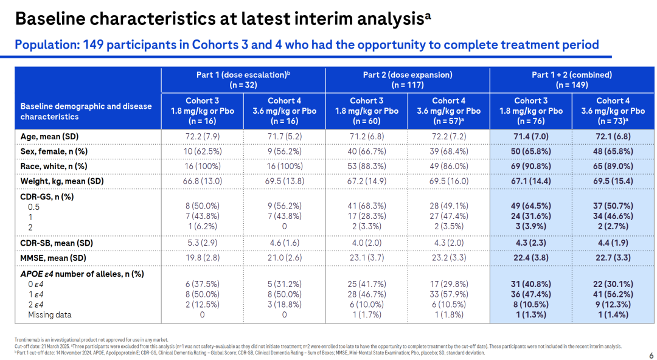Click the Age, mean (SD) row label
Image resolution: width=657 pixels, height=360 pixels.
pyautogui.click(x=50, y=136)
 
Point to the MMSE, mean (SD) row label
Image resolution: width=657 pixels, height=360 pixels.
pyautogui.click(x=54, y=258)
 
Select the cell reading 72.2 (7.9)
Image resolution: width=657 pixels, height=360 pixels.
pyautogui.click(x=202, y=136)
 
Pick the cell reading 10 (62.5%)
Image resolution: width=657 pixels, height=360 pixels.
pyautogui.click(x=202, y=151)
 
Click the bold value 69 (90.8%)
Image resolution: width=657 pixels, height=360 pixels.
pyautogui.click(x=530, y=166)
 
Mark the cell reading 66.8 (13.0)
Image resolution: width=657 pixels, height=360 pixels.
pyautogui.click(x=202, y=181)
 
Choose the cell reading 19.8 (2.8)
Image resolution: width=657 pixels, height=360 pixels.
pyautogui.click(x=202, y=258)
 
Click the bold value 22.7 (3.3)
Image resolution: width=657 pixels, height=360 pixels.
pyautogui.click(x=613, y=258)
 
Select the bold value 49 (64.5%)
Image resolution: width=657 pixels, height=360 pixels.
pyautogui.click(x=530, y=206)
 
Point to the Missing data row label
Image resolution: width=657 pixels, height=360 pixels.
pyautogui.click(x=49, y=315)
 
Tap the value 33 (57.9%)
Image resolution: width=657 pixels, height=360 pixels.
pyautogui.click(x=448, y=294)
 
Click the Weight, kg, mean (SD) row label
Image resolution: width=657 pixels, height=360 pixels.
pyautogui.click(x=62, y=181)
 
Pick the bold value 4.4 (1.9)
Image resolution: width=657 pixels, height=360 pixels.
pyautogui.click(x=613, y=243)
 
